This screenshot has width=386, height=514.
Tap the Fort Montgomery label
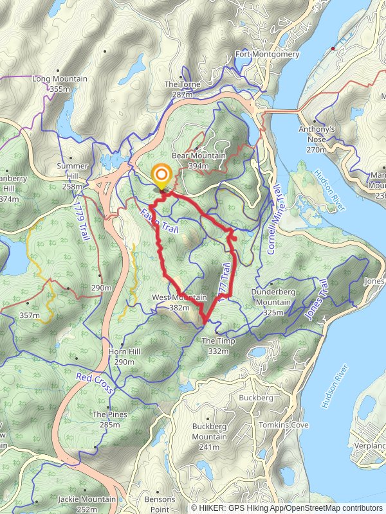coord(267,55)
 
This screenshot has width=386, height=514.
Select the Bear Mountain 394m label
coord(199,161)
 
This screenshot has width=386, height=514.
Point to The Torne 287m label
coord(183,89)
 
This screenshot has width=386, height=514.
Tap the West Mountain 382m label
coord(179,303)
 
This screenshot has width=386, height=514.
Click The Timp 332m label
coord(218,346)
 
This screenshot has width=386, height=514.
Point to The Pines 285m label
coord(109,419)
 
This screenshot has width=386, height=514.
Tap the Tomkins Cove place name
coord(284,425)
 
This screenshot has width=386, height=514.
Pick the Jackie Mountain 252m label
coord(87,503)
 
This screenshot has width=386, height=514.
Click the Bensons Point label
coord(160,503)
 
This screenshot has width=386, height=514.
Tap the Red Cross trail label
coord(95,383)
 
